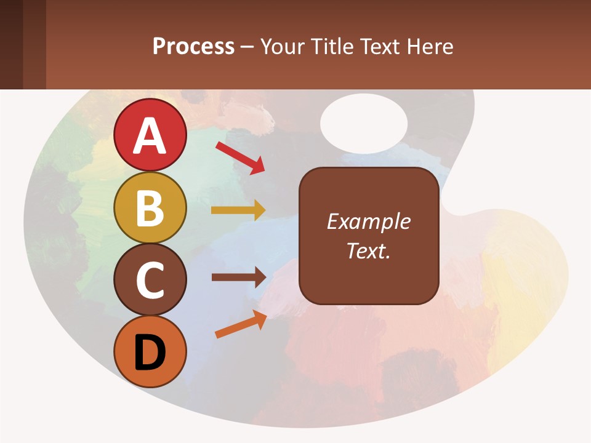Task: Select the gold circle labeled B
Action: point(150,207)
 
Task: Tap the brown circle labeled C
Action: point(150,279)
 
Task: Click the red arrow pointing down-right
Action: point(240,158)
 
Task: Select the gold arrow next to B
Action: point(238,210)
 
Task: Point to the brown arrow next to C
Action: point(238,277)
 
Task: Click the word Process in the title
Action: point(193,46)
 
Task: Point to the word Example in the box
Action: point(368,221)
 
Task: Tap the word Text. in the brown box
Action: point(368,250)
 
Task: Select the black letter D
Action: point(150,353)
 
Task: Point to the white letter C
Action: point(150,280)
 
